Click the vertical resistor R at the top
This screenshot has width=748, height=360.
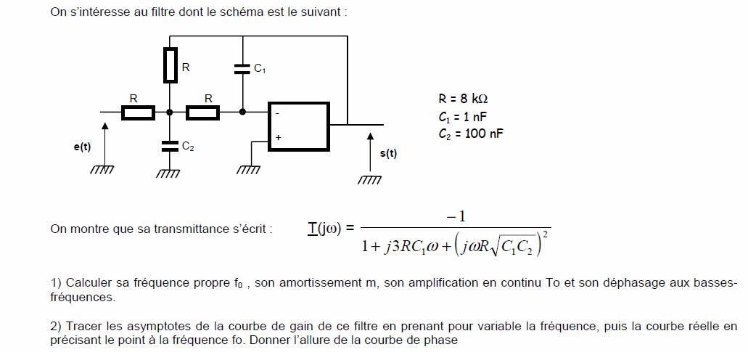[x=170, y=65]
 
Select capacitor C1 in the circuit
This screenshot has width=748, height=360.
[x=242, y=69]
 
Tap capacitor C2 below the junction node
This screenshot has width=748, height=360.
[x=170, y=145]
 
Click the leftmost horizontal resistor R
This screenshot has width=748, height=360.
[x=137, y=112]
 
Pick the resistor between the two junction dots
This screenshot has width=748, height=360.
[x=203, y=112]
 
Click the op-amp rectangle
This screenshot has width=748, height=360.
[x=299, y=126]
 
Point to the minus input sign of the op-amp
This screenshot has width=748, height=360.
[x=278, y=113]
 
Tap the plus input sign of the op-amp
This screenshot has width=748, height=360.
[x=278, y=137]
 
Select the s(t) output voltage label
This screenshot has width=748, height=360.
[x=388, y=153]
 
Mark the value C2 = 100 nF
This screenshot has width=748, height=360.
[x=471, y=134]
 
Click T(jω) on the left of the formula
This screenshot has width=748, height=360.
[x=327, y=229]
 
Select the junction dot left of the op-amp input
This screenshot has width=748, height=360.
[x=242, y=112]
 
